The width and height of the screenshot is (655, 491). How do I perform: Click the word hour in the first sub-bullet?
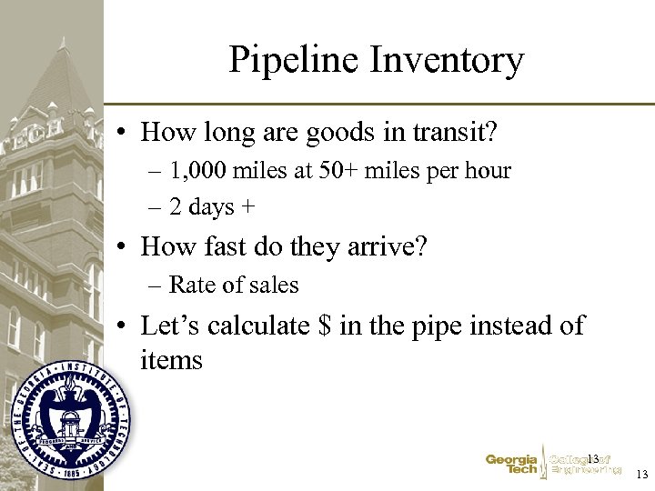point(489,171)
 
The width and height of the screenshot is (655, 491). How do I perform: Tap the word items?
point(171,360)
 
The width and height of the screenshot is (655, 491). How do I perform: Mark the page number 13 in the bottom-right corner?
point(641,475)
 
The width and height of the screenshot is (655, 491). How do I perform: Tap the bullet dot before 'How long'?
point(121,133)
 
